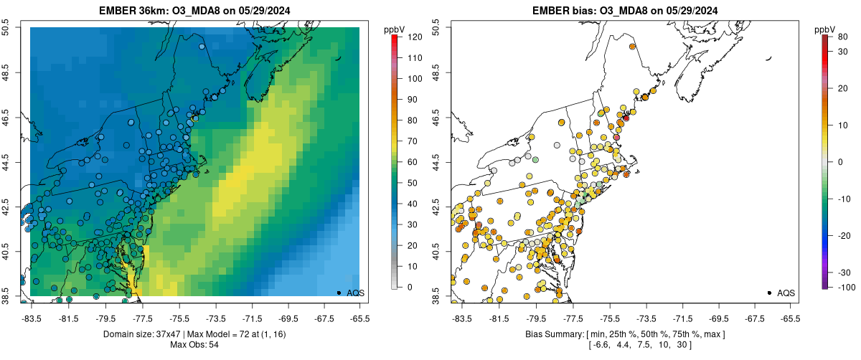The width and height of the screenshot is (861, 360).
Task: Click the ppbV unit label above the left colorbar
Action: click(395, 29)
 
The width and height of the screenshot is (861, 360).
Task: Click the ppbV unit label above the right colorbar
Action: click(825, 29)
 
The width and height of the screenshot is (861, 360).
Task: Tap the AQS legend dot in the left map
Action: click(339, 293)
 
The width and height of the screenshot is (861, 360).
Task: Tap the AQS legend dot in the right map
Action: click(769, 293)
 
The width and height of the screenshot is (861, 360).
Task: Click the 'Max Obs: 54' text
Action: click(194, 345)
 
